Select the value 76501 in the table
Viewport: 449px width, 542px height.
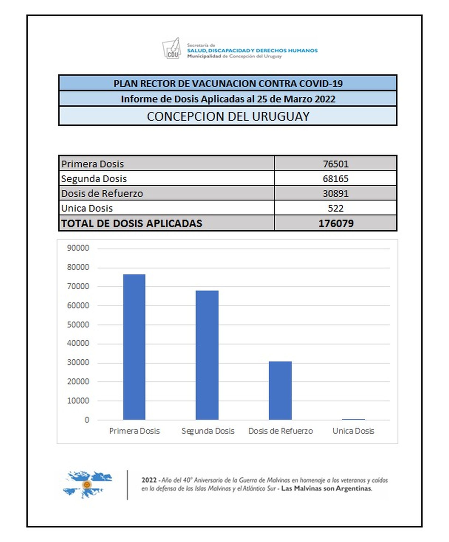coord(335,164)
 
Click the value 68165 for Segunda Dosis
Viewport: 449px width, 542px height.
coord(335,179)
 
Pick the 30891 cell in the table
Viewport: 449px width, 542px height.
coord(335,193)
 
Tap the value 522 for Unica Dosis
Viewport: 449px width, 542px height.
coord(335,208)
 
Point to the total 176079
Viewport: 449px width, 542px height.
coord(336,223)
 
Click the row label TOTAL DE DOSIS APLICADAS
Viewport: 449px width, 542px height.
coord(132,223)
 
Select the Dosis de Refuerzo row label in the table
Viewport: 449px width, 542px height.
coord(102,193)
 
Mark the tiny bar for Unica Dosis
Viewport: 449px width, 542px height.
coord(353,419)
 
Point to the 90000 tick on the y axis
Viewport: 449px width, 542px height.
coord(78,248)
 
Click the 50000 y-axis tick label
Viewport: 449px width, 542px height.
coord(78,325)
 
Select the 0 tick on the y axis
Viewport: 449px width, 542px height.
coord(87,420)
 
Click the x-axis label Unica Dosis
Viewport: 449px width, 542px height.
coord(353,431)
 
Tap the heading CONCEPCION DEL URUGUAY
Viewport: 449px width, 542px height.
coord(228,116)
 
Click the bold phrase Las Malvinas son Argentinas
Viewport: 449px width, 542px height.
coord(326,489)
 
